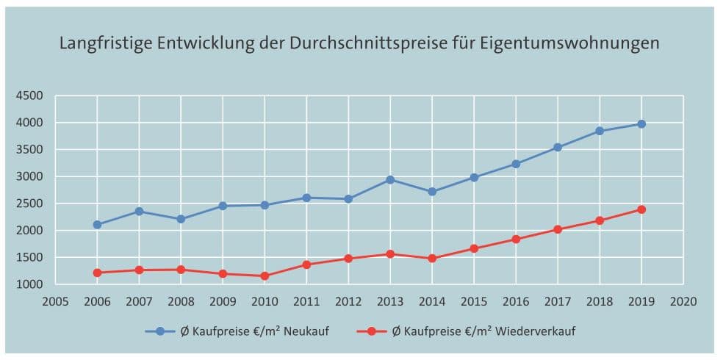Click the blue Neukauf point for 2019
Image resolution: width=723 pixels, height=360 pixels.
click(641, 124)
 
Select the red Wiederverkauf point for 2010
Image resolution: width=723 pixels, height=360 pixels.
click(265, 276)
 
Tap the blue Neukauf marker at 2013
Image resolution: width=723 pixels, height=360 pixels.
click(390, 179)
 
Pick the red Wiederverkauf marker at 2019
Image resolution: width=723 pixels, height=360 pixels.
click(641, 209)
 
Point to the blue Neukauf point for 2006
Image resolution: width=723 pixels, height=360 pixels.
click(97, 225)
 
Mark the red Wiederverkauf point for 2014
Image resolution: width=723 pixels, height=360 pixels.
click(432, 259)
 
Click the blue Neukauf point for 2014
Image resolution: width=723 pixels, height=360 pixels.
click(432, 192)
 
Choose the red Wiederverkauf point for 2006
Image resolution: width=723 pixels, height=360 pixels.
click(97, 273)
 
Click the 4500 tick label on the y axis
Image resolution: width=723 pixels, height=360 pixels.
click(31, 96)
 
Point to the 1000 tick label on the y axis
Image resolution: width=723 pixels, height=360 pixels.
click(31, 284)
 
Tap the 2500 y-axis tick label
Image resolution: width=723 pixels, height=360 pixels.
click(31, 204)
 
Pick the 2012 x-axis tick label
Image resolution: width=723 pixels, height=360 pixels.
click(348, 300)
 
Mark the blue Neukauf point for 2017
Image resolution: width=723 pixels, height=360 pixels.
click(558, 148)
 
